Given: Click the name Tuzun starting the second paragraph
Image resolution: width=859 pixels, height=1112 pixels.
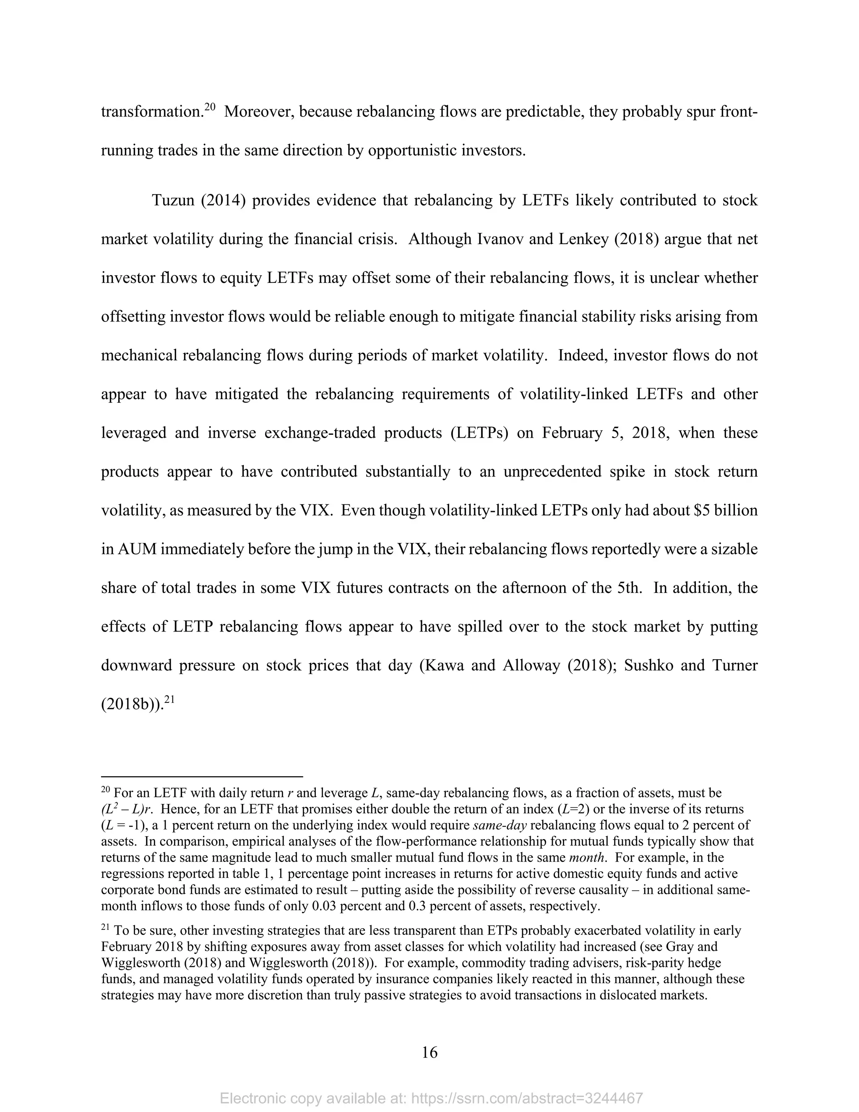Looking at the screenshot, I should pyautogui.click(x=173, y=200).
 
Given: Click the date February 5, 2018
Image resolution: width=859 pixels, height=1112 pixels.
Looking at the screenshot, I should pyautogui.click(x=604, y=433).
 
